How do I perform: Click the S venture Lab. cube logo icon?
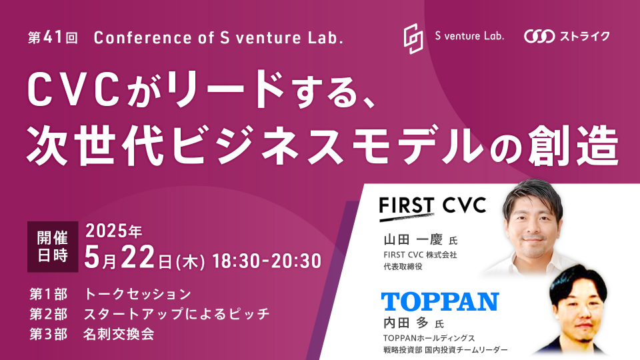click(413, 39)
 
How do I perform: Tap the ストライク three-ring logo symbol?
click(539, 36)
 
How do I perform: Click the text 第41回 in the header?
click(53, 38)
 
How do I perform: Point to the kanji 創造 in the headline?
click(574, 145)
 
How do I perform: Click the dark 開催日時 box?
click(53, 247)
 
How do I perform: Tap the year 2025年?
click(113, 231)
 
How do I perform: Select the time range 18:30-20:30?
click(267, 261)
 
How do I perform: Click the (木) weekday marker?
click(190, 261)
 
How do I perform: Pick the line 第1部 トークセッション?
click(110, 294)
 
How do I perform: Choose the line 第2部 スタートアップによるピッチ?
click(149, 314)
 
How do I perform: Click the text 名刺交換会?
click(119, 334)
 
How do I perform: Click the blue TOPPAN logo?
click(440, 301)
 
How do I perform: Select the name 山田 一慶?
click(413, 239)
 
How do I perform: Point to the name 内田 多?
click(406, 323)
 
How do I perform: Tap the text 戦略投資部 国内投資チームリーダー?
click(445, 350)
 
